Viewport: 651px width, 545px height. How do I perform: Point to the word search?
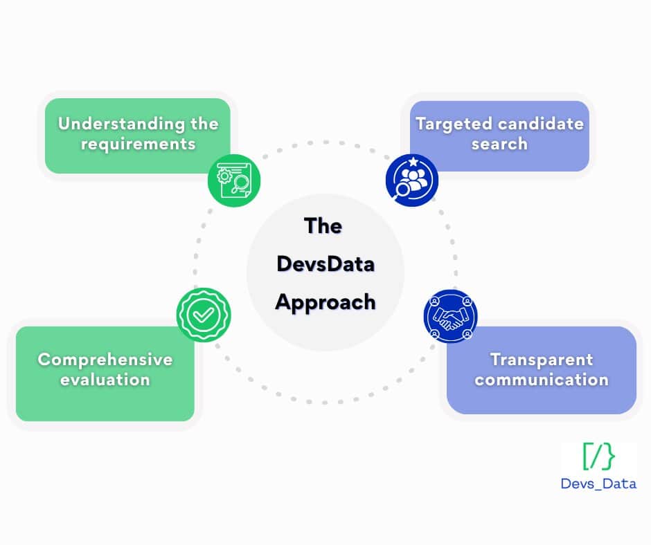499,145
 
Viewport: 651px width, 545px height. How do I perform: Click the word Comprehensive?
105,360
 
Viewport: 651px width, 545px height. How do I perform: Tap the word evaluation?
105,380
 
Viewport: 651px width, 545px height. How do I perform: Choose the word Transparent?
542,360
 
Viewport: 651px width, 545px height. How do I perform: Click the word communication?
542,380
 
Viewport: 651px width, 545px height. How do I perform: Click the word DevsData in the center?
325,264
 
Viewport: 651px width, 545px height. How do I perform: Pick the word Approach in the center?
325,302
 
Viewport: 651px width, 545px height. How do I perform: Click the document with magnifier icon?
234,181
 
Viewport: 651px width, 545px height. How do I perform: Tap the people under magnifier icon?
412,181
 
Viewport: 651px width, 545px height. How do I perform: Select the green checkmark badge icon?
203,315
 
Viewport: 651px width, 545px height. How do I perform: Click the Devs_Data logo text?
598,483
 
